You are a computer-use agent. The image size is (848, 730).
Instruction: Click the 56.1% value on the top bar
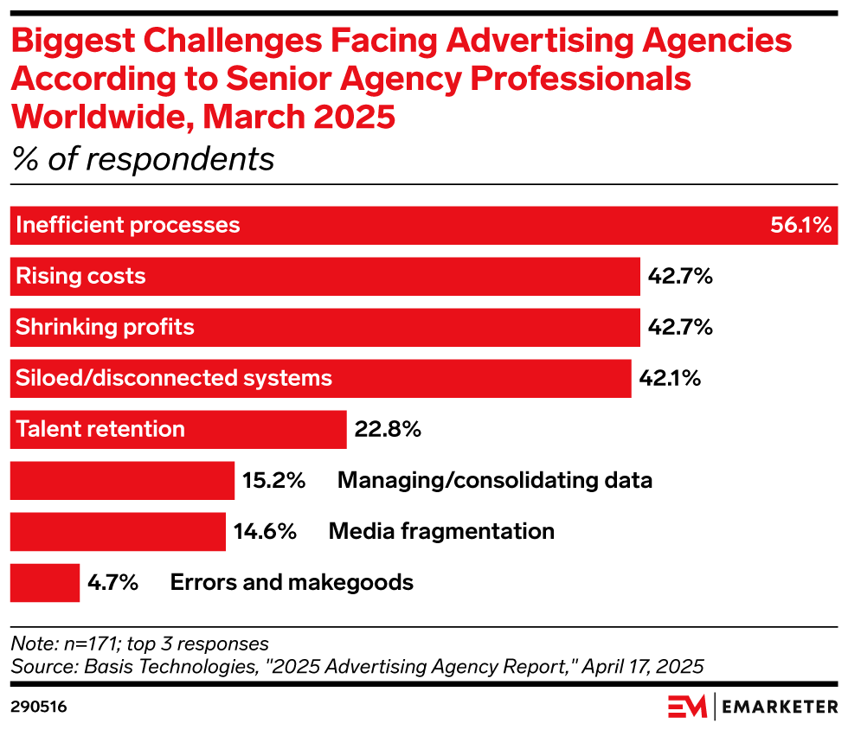click(x=800, y=226)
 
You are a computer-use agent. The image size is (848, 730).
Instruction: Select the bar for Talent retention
click(x=177, y=430)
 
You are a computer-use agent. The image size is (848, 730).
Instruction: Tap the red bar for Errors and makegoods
click(x=44, y=582)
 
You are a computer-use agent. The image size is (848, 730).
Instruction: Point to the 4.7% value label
click(x=113, y=582)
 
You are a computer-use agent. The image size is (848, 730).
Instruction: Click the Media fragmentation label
click(x=441, y=531)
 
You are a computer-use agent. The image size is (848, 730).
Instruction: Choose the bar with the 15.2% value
click(x=122, y=481)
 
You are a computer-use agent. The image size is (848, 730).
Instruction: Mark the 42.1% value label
click(x=670, y=378)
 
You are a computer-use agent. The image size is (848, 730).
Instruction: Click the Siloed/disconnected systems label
click(x=174, y=378)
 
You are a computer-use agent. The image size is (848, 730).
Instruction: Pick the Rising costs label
click(x=81, y=277)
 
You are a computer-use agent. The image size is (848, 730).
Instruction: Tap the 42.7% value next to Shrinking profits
click(x=680, y=327)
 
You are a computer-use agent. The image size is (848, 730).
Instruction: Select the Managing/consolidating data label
click(x=495, y=480)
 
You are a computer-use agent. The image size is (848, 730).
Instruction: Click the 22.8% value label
click(x=388, y=429)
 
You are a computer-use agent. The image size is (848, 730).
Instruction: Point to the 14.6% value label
click(x=266, y=531)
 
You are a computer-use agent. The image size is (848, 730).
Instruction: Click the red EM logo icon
click(x=687, y=706)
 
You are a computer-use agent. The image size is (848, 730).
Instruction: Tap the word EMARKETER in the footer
click(x=780, y=707)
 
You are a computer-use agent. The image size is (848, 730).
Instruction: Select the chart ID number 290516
click(x=39, y=707)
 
